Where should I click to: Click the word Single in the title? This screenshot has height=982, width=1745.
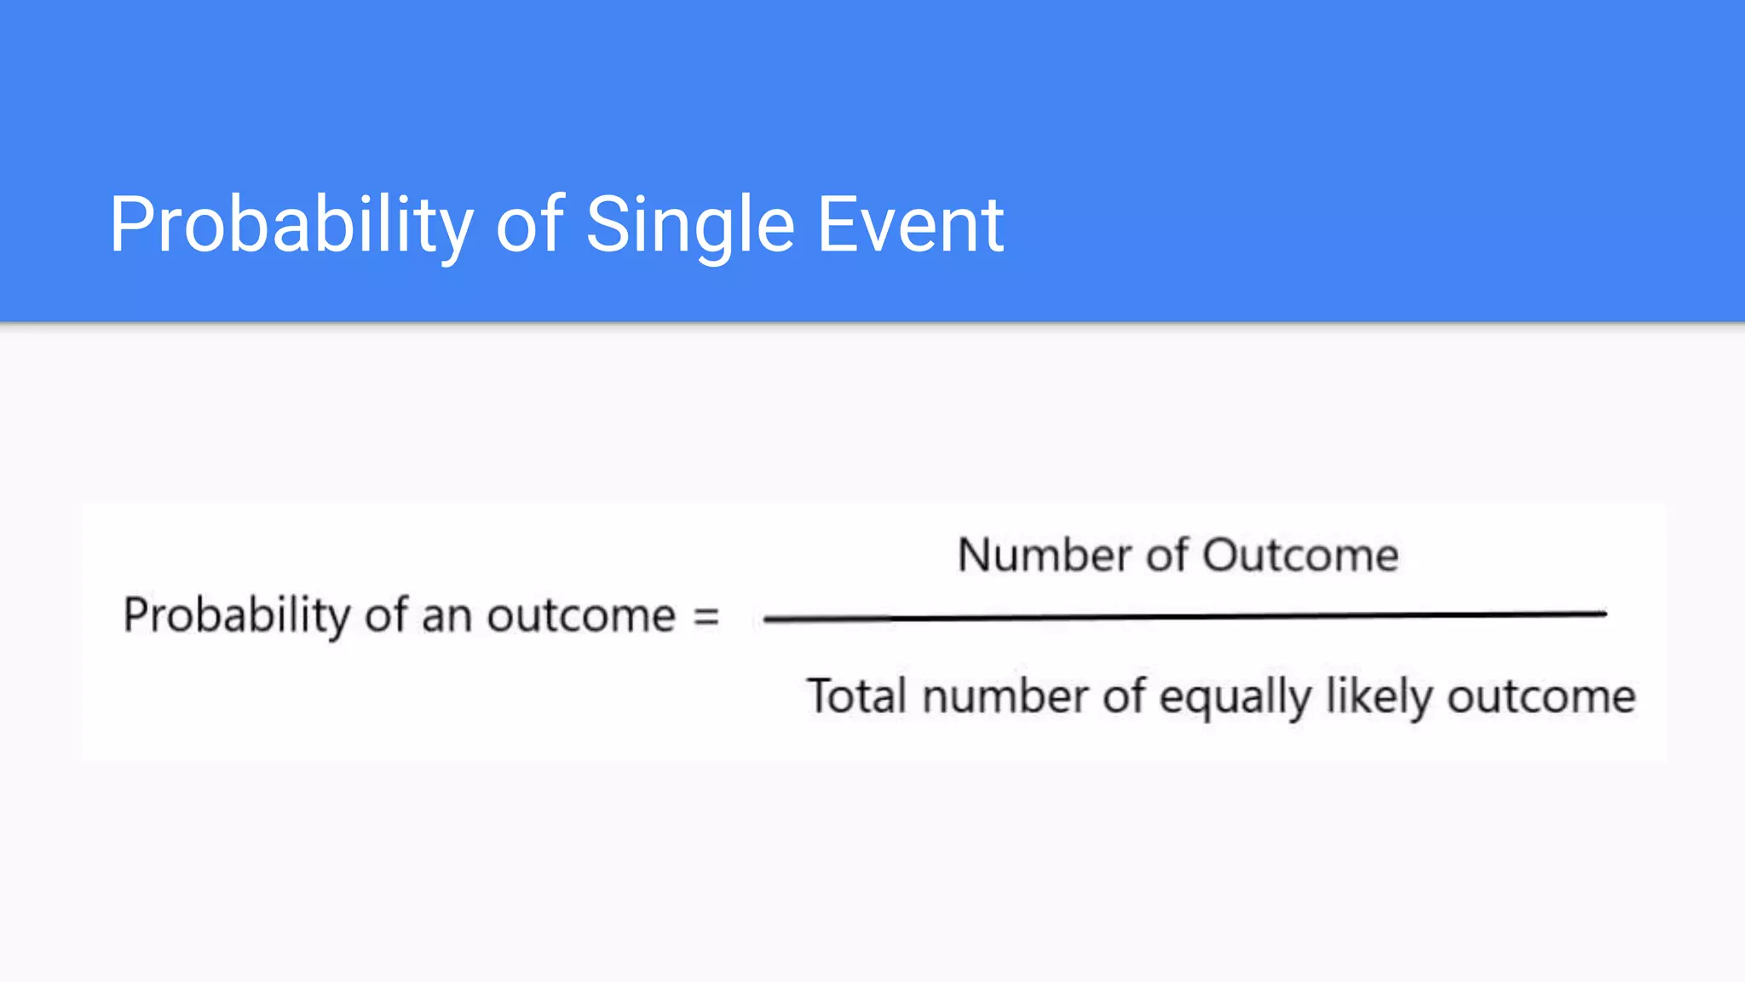click(x=689, y=224)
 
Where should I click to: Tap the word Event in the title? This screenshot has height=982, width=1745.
click(x=910, y=224)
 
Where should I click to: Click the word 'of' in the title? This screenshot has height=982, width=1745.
click(x=529, y=224)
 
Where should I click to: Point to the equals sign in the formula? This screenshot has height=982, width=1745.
click(x=706, y=615)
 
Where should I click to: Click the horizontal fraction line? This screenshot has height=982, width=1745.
click(x=1184, y=616)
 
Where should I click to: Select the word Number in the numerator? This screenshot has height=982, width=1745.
click(x=1044, y=555)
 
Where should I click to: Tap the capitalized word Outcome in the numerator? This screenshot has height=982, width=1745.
click(x=1300, y=555)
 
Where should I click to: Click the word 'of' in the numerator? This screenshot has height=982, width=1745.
click(x=1166, y=555)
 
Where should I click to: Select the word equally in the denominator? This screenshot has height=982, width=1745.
click(x=1235, y=697)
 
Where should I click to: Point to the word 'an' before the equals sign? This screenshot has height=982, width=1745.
click(x=446, y=615)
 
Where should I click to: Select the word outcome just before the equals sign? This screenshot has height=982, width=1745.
click(x=581, y=615)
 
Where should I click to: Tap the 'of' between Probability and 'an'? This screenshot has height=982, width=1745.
click(x=384, y=615)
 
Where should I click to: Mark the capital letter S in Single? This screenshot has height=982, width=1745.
click(x=605, y=224)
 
